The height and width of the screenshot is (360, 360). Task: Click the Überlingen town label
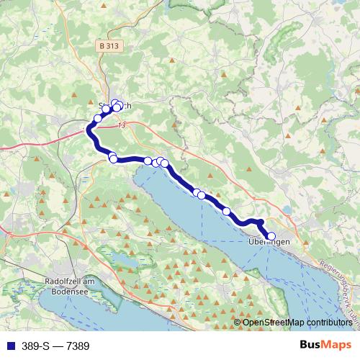[x=268, y=242]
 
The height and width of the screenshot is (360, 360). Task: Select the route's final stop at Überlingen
[x=271, y=235]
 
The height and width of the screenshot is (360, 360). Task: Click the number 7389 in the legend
[x=77, y=346]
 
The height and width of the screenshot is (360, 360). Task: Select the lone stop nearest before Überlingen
[x=227, y=211]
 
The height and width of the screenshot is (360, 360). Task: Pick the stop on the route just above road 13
[x=98, y=118]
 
